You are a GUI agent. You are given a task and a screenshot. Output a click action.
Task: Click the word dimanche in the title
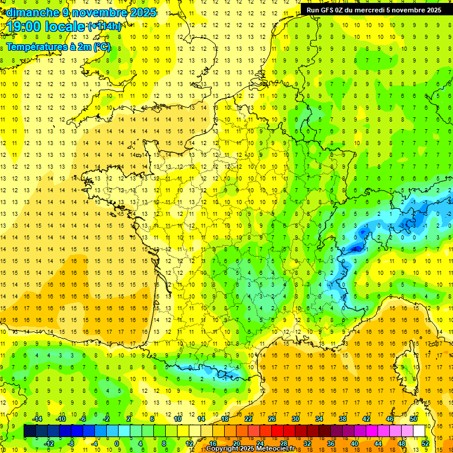point(33,12)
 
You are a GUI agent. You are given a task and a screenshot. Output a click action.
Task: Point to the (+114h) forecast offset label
point(105,26)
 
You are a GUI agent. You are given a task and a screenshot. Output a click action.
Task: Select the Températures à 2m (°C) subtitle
point(58,47)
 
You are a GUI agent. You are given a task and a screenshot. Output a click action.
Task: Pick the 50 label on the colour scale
point(413,418)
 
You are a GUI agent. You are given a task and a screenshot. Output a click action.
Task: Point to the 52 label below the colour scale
point(425,444)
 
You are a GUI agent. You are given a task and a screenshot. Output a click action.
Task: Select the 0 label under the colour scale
point(117,444)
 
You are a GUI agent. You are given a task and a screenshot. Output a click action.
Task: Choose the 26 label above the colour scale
point(272,418)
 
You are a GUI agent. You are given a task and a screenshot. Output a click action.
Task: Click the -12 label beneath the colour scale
point(50,444)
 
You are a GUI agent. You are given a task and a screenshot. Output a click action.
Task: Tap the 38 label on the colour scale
point(343,418)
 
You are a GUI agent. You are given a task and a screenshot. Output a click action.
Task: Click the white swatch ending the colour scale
point(419,431)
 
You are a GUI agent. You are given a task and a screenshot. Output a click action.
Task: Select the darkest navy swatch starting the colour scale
point(29,431)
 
